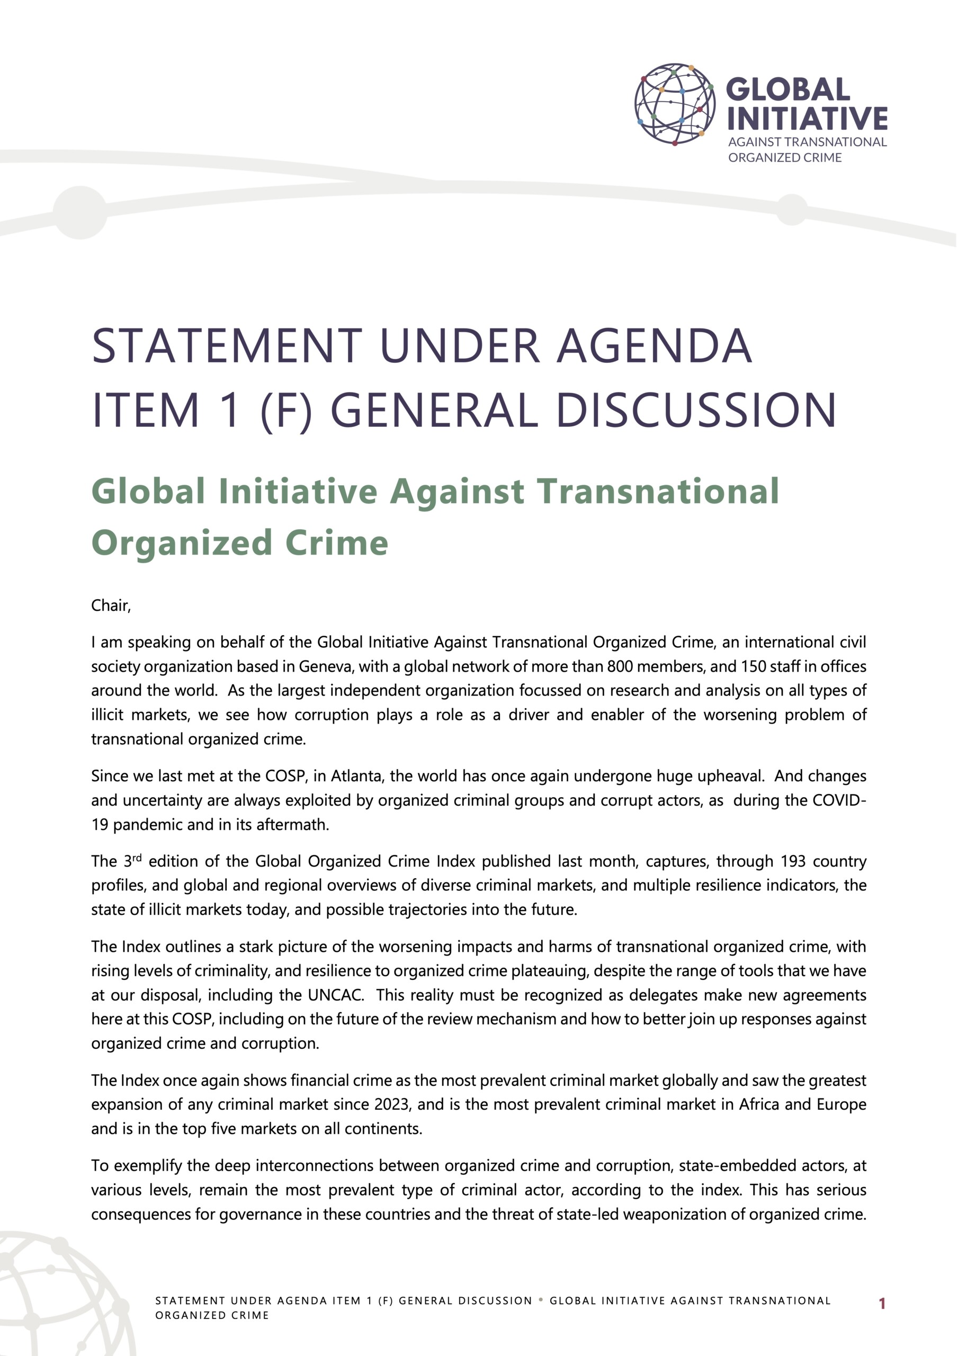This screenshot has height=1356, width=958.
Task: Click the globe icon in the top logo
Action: (x=675, y=104)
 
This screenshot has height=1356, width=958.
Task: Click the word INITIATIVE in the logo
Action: (x=807, y=118)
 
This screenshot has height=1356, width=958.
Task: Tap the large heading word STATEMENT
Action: (x=227, y=346)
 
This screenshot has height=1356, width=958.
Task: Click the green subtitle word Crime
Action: (x=337, y=543)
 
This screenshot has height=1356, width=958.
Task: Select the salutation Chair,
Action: (x=111, y=605)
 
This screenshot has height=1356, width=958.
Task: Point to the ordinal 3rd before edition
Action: (x=133, y=861)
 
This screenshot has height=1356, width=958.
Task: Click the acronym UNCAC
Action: (x=335, y=995)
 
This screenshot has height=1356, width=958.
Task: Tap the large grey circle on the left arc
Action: (x=80, y=212)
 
